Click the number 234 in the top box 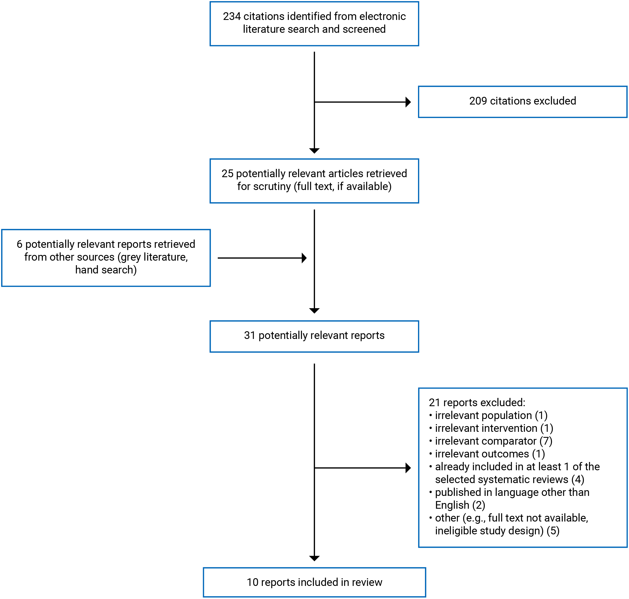click(232, 16)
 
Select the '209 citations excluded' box click(523, 101)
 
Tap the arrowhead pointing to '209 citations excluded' click(408, 102)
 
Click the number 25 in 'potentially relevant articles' click(227, 173)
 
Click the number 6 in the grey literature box click(19, 244)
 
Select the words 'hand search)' click(106, 270)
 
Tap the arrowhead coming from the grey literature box click(304, 258)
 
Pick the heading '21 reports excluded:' click(477, 402)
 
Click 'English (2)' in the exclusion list click(460, 505)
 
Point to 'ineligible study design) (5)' click(497, 531)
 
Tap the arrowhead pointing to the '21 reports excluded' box click(408, 468)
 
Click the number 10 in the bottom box click(252, 582)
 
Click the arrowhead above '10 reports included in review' click(314, 559)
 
